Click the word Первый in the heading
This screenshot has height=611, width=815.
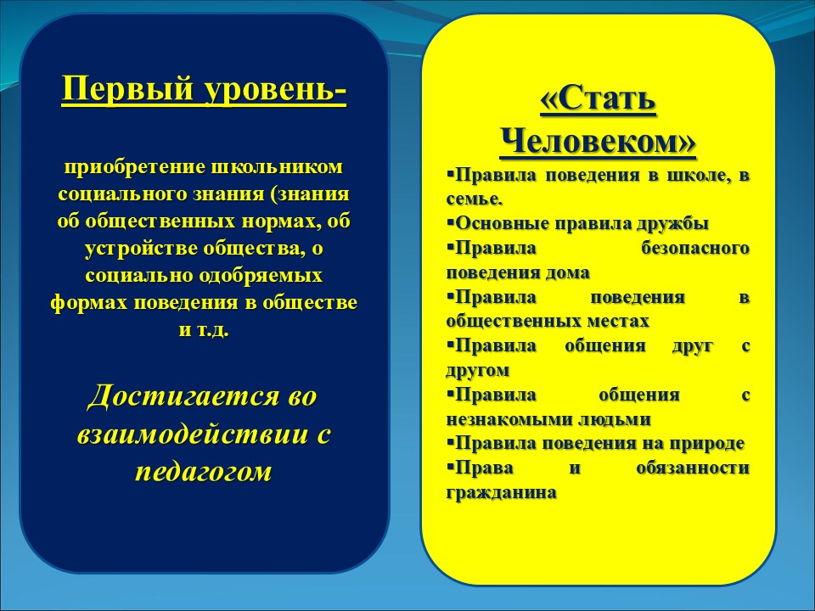pyautogui.click(x=128, y=88)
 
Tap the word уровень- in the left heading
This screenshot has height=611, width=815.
pyautogui.click(x=275, y=89)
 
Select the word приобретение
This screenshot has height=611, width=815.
pyautogui.click(x=135, y=168)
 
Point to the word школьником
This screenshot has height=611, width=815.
pyautogui.click(x=278, y=167)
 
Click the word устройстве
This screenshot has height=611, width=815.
pyautogui.click(x=141, y=249)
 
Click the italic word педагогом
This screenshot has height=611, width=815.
pyautogui.click(x=204, y=472)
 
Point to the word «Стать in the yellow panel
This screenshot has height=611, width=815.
pyautogui.click(x=598, y=98)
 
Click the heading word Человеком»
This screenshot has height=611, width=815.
pyautogui.click(x=598, y=142)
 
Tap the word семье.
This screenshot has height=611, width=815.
pyautogui.click(x=475, y=199)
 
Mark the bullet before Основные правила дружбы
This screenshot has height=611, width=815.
pyautogui.click(x=450, y=221)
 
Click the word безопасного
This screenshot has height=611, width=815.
pyautogui.click(x=695, y=249)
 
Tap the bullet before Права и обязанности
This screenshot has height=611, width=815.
pyautogui.click(x=450, y=465)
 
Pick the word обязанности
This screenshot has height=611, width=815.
pyautogui.click(x=693, y=468)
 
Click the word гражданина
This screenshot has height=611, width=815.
pyautogui.click(x=501, y=493)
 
